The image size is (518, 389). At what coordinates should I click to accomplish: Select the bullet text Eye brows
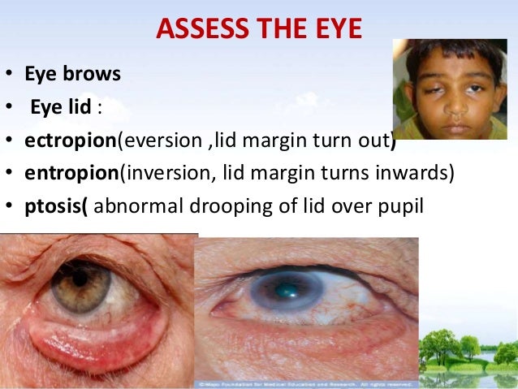pos(72,74)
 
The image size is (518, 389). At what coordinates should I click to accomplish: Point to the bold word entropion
pos(70,172)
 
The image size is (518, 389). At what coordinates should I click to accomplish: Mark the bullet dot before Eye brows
pos(8,75)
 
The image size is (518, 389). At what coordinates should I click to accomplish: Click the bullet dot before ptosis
pos(8,205)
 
